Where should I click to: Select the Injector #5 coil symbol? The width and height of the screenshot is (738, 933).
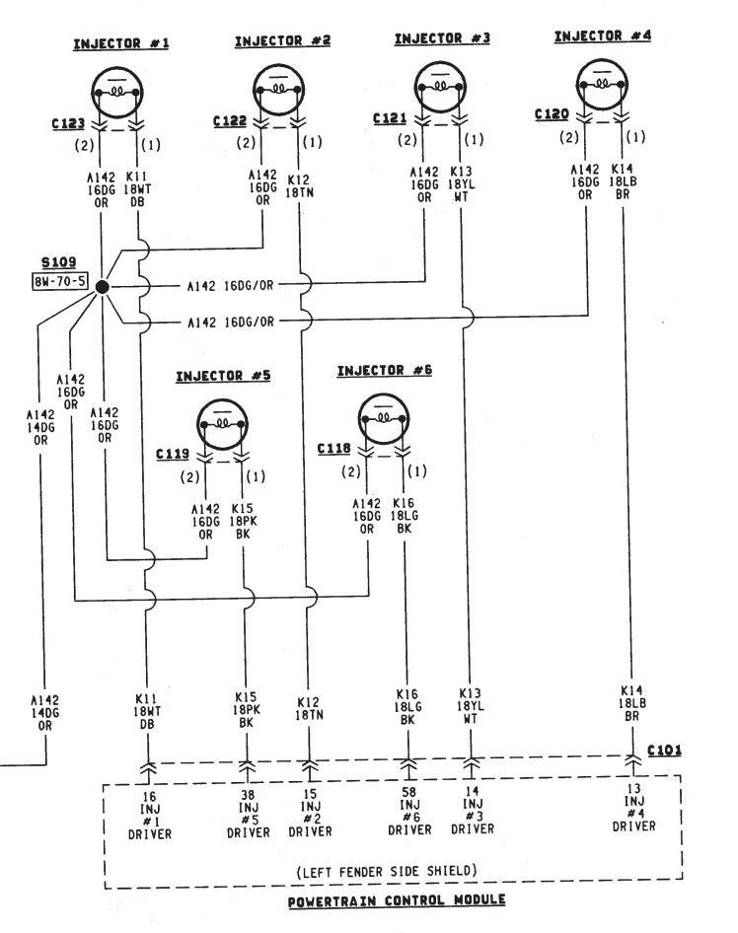click(224, 421)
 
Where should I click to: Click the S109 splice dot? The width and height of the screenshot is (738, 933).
click(103, 286)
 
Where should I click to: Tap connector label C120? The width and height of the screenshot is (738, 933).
click(552, 114)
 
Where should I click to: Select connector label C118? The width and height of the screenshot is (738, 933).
click(334, 448)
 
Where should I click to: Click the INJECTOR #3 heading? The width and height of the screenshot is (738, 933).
click(442, 39)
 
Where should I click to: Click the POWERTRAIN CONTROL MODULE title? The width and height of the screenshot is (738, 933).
click(398, 901)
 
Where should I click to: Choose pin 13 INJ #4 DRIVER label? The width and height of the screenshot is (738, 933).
click(632, 808)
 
